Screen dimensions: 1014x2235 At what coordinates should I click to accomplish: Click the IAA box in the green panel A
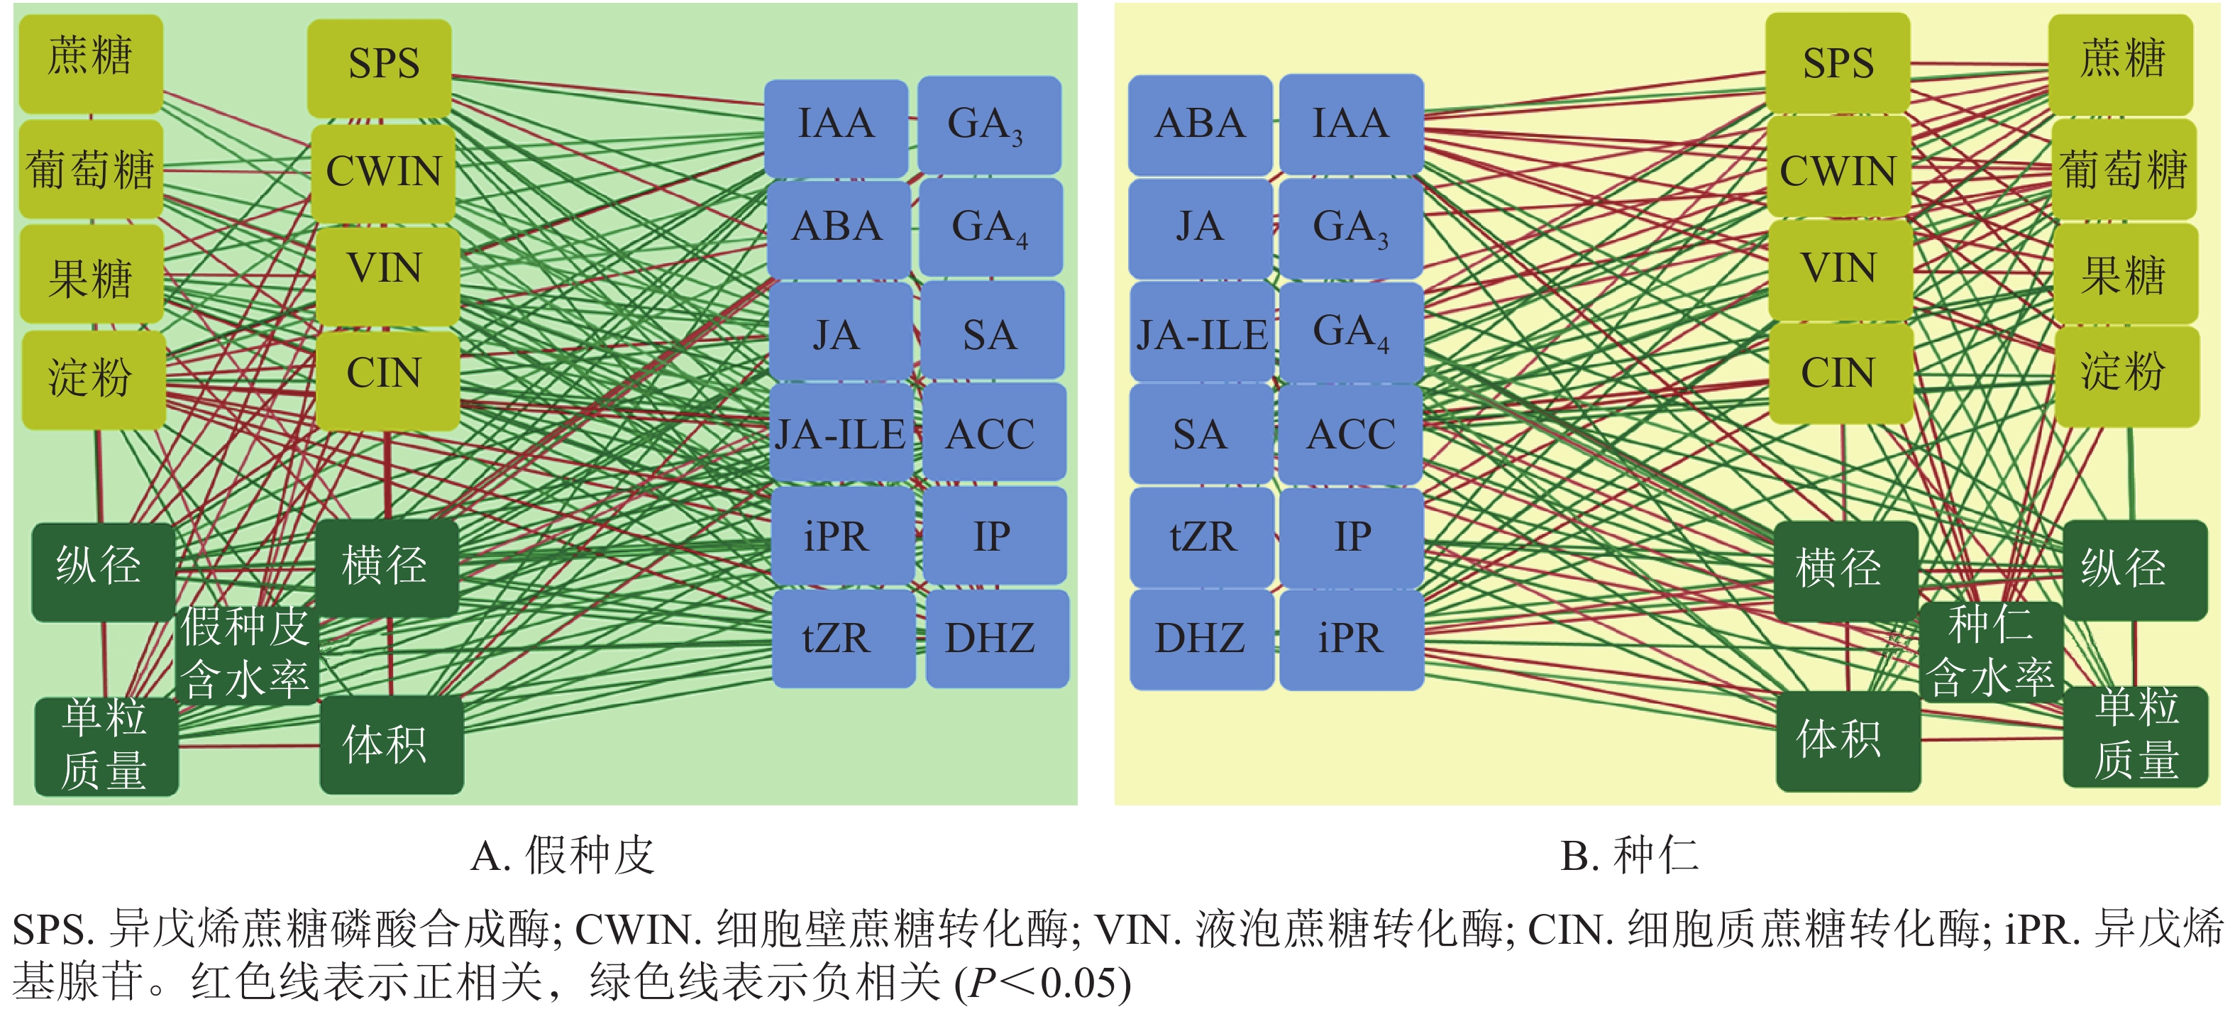836,126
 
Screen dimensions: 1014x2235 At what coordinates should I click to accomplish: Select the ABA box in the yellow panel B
1200,124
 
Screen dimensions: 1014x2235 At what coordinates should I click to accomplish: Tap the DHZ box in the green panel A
996,639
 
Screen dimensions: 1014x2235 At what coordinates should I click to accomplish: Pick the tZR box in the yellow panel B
1202,537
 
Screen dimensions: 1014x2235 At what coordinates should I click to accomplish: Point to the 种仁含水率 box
1990,651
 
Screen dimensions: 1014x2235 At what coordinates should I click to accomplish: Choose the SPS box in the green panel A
381,66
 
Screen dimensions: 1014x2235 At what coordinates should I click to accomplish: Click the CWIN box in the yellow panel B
1838,168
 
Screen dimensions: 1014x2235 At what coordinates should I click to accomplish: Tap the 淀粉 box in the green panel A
92,379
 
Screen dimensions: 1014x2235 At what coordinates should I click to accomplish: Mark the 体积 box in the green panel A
390,744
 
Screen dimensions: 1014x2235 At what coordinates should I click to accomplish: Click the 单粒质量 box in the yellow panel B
2134,737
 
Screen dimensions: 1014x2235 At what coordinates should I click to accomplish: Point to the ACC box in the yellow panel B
1351,434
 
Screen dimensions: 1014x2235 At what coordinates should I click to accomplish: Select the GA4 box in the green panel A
990,228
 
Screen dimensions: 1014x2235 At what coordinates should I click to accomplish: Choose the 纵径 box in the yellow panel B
2134,569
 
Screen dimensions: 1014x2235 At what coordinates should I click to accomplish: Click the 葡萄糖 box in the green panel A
90,168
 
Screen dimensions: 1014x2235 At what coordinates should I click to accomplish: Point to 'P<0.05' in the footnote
1047,983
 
